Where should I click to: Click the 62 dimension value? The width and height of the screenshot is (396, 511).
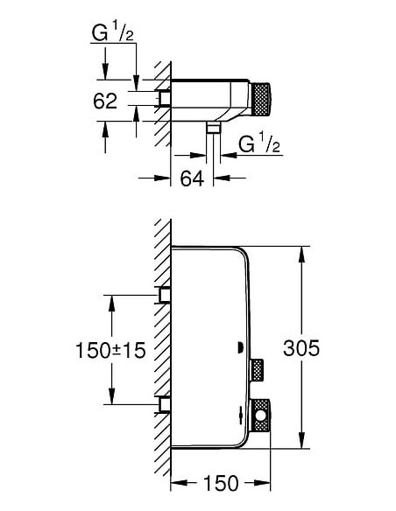coord(105,101)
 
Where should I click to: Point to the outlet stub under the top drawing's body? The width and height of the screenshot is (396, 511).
coord(212,128)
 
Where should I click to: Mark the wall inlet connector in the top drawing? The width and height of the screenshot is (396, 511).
coord(164,100)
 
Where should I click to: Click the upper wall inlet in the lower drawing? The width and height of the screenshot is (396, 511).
coord(163,294)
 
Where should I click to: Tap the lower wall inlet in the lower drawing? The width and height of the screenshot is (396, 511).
coord(163,403)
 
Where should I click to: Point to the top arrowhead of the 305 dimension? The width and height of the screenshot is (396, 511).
coord(301,252)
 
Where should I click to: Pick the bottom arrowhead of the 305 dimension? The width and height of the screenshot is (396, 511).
coord(301,443)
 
